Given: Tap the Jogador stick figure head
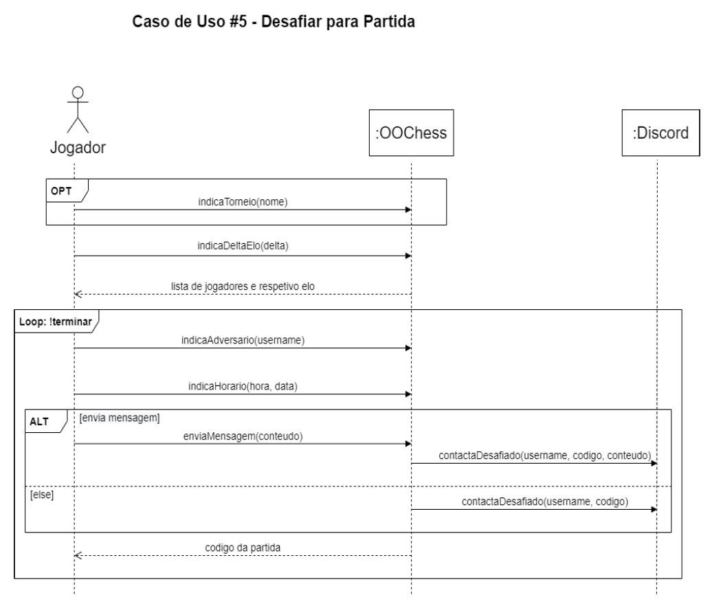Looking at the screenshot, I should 78,92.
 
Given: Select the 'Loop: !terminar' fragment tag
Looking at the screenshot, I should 56,319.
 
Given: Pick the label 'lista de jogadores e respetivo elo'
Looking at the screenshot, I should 242,284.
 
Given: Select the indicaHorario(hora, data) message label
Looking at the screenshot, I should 242,386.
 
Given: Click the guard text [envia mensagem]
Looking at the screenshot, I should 120,416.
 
